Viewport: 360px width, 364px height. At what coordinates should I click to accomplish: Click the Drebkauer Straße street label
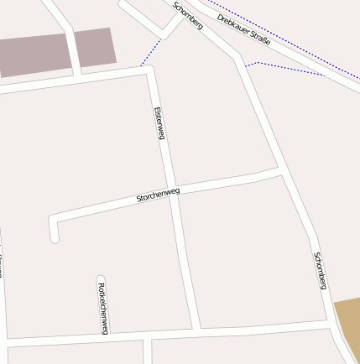[x=243, y=29]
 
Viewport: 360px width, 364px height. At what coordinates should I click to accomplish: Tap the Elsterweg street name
[x=159, y=122]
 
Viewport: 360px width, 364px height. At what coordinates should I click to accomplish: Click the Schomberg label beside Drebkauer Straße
[x=187, y=16]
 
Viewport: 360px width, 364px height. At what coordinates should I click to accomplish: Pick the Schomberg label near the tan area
[x=320, y=270]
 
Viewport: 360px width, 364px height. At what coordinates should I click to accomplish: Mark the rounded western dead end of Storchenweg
[x=55, y=237]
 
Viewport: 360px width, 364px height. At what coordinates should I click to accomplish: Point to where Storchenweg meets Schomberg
[x=281, y=172]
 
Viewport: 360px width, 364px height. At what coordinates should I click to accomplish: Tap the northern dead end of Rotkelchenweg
[x=101, y=279]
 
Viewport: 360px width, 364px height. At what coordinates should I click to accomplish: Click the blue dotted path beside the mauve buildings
[x=150, y=52]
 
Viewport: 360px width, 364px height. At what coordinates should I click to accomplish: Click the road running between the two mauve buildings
[x=70, y=46]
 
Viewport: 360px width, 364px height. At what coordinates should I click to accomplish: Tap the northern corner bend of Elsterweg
[x=149, y=70]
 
